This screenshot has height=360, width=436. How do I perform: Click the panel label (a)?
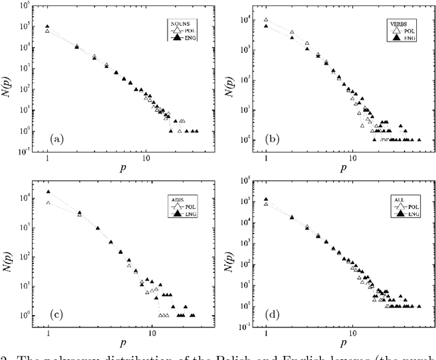(58, 140)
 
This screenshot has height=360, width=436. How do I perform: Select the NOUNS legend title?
(178, 23)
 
